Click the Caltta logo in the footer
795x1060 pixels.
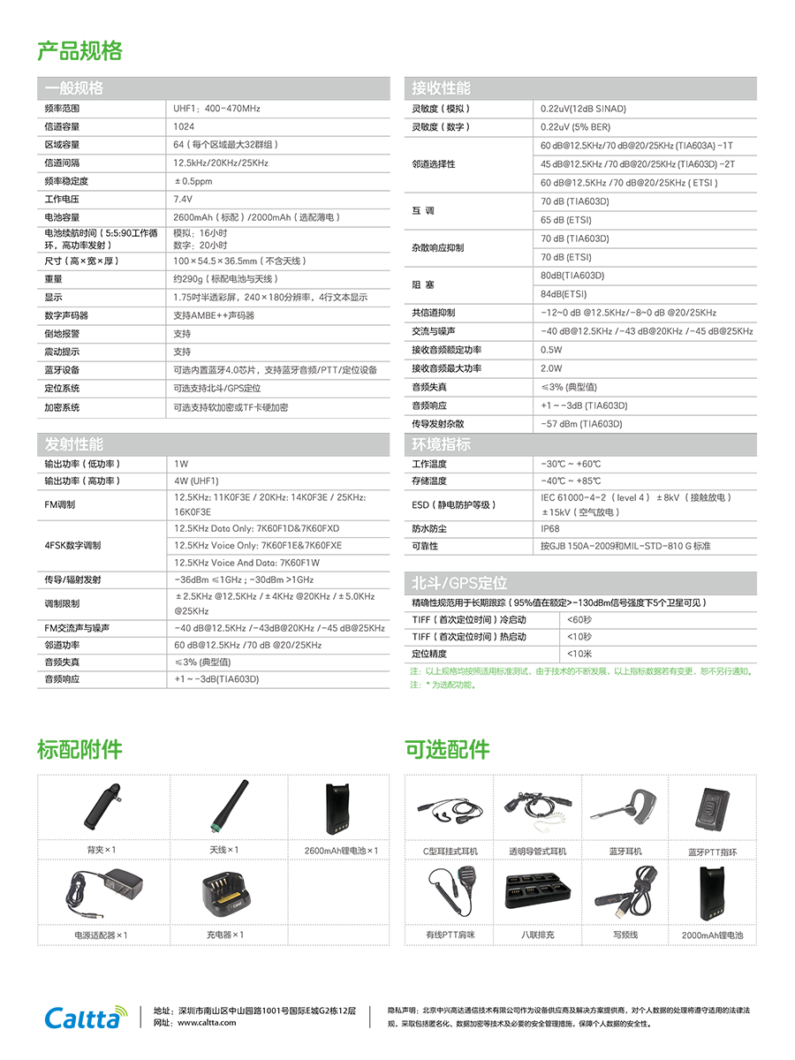coord(86,1017)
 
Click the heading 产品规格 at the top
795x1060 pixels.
coord(79,50)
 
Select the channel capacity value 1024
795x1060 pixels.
coord(184,126)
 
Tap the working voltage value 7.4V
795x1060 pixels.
coord(183,199)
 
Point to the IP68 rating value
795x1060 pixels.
coord(550,529)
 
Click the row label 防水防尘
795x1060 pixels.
coord(429,529)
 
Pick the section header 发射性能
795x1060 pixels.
coord(74,444)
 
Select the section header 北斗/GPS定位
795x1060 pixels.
coord(459,583)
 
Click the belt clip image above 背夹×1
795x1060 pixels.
coord(102,806)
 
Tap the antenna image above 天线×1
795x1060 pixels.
coord(230,806)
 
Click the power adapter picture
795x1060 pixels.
coord(103,893)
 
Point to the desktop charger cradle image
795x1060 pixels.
coord(226,894)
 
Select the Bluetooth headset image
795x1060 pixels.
coord(625,806)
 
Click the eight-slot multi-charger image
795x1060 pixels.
coord(537,892)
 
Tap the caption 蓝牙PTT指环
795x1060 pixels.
coord(713,852)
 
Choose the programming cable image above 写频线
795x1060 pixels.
coord(625,891)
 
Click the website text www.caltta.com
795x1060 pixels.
coord(207,1022)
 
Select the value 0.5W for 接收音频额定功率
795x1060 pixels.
coord(551,350)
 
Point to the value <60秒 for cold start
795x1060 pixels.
coord(579,619)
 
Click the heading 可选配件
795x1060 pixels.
coord(447,749)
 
